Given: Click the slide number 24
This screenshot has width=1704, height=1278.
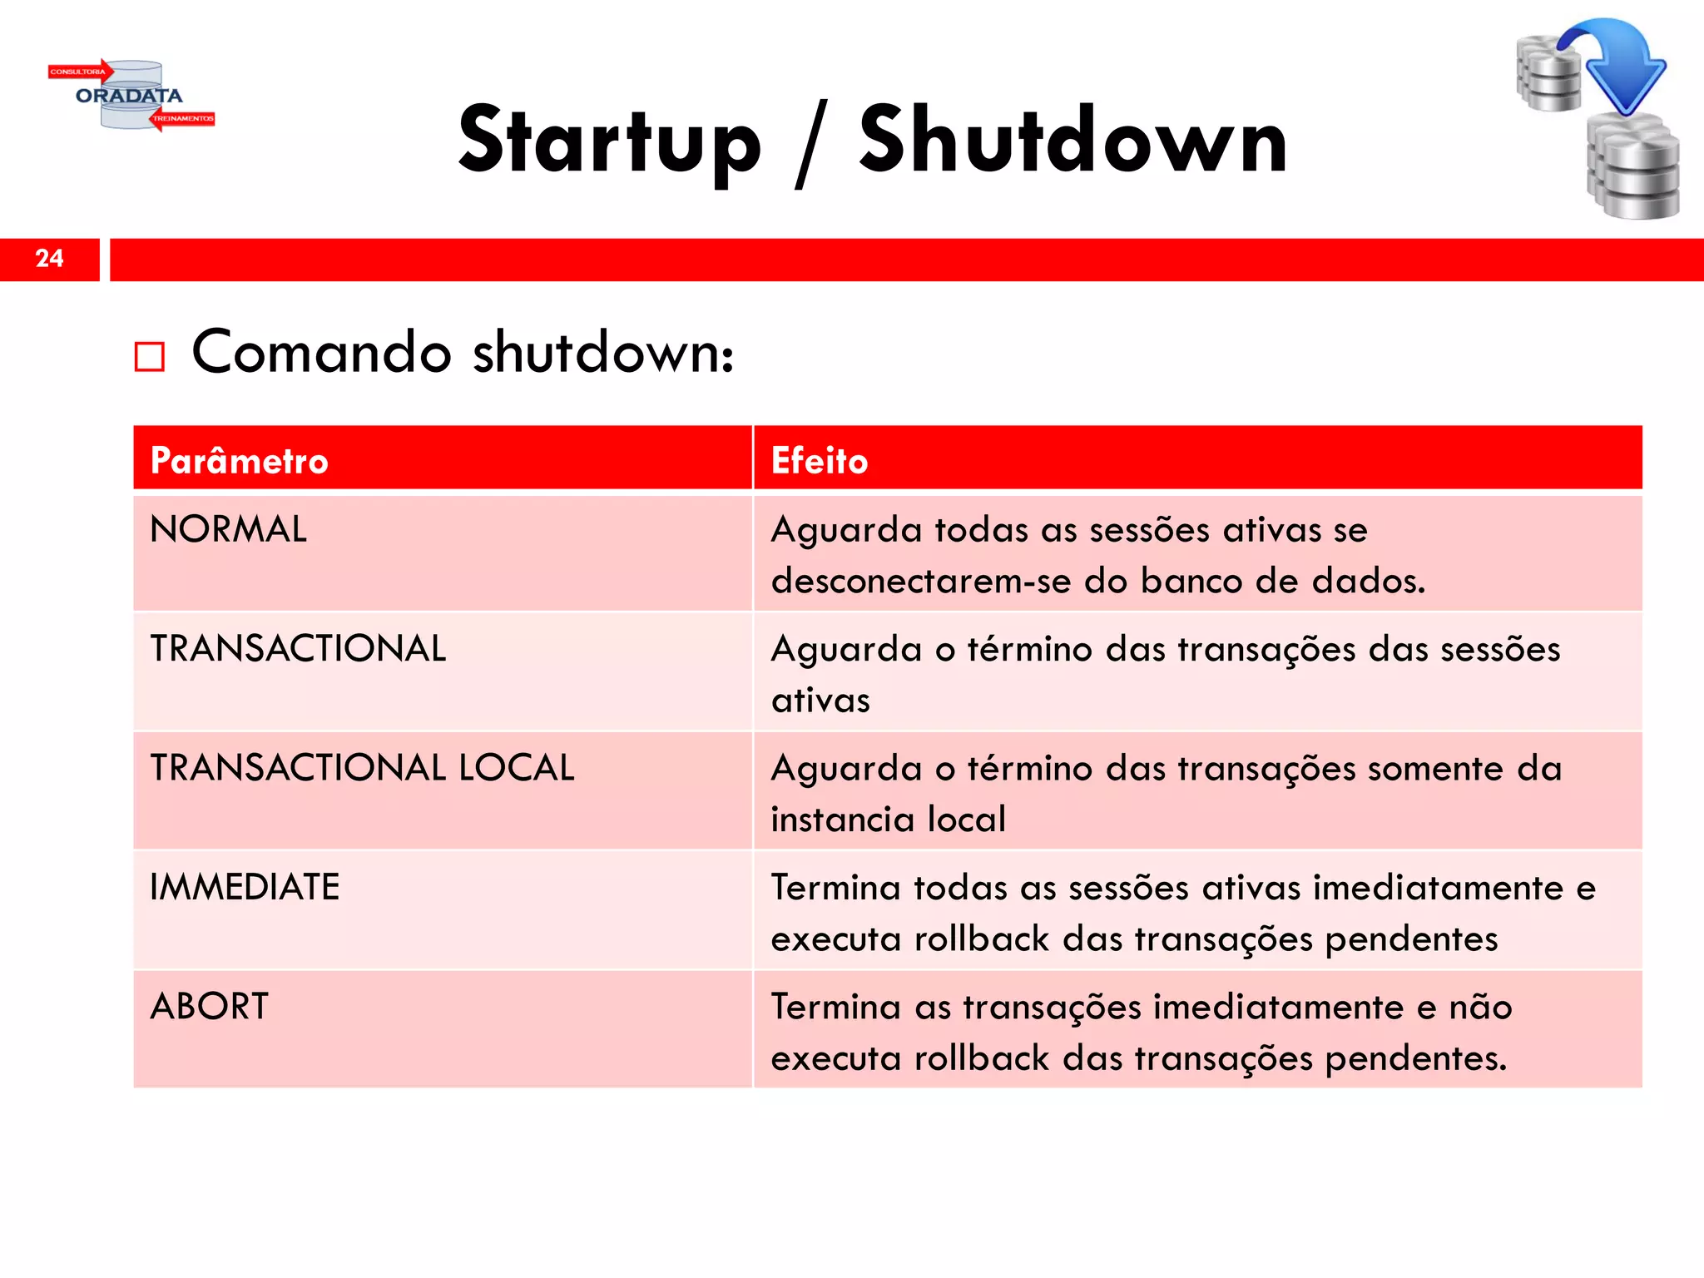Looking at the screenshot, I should pyautogui.click(x=49, y=259).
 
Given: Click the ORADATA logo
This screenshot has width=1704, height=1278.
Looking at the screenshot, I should pyautogui.click(x=131, y=96).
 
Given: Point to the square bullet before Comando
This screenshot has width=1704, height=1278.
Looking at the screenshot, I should pyautogui.click(x=150, y=357).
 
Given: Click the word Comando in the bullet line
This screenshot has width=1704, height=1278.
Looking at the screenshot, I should pyautogui.click(x=322, y=353).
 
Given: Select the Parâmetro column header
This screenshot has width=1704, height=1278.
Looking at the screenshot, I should pyautogui.click(x=240, y=461).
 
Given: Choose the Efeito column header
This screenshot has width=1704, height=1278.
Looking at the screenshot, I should pyautogui.click(x=820, y=461).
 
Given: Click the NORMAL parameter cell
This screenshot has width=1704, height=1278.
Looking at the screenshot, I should pyautogui.click(x=228, y=530).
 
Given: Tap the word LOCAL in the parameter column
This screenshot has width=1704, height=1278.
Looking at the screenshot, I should pyautogui.click(x=516, y=768).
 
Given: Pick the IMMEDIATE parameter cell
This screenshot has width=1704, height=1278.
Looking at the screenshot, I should pyautogui.click(x=245, y=887).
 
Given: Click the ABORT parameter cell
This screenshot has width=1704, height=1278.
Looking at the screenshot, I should pyautogui.click(x=210, y=1007).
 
